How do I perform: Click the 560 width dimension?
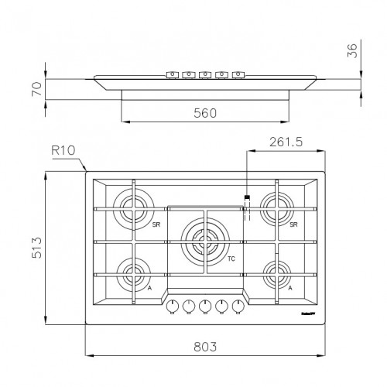tap(204, 112)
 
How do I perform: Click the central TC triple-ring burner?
tap(204, 240)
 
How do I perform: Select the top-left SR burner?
tap(133, 207)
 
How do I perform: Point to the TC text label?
tap(231, 259)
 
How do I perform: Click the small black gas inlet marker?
tap(247, 198)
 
